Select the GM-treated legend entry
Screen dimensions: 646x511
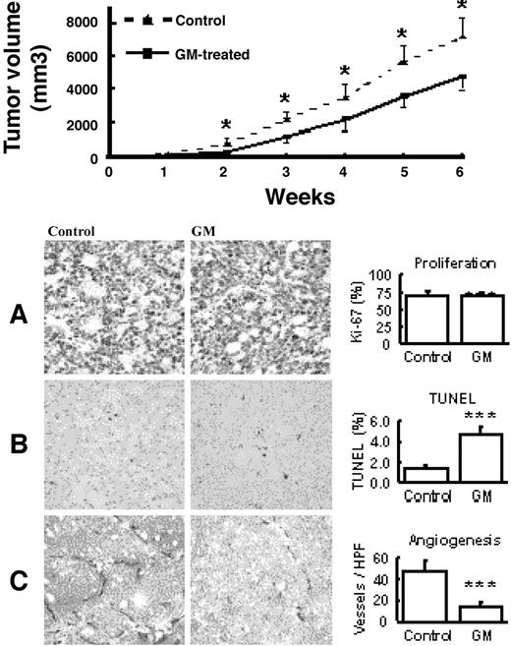tap(210, 55)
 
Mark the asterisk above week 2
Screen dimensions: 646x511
tap(226, 125)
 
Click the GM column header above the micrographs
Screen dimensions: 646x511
tap(199, 232)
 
